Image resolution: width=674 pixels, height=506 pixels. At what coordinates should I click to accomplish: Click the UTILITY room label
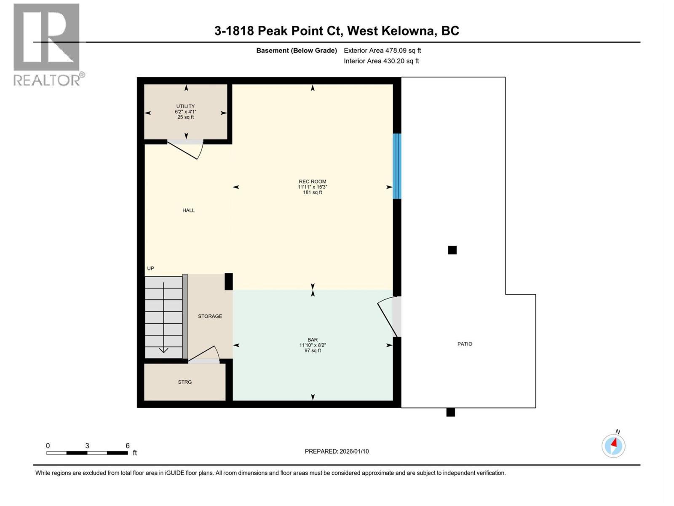(185, 106)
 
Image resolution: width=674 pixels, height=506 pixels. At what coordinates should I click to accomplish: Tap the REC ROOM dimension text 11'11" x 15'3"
(313, 187)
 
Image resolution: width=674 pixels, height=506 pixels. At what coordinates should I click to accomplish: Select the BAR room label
(313, 339)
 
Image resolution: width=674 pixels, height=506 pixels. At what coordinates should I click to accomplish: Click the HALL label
(188, 210)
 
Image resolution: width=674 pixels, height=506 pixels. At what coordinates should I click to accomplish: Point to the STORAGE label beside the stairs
(210, 316)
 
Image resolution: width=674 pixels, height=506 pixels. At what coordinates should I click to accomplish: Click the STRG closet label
(185, 382)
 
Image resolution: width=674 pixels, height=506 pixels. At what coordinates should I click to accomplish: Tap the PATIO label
(465, 344)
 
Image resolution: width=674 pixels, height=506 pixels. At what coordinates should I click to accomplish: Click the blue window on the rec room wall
(397, 166)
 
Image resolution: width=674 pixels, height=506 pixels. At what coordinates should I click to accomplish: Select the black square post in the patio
(452, 250)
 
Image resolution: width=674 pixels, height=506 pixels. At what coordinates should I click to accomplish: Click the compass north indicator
(614, 445)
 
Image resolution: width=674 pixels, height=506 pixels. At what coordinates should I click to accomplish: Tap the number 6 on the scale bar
(127, 446)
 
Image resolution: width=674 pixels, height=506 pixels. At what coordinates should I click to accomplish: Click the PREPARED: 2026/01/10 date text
(337, 451)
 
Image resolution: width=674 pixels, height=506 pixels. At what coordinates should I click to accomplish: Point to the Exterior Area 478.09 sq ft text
(382, 51)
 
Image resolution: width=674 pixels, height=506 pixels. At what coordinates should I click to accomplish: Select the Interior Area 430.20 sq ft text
(381, 61)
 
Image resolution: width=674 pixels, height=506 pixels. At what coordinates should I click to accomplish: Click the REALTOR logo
(47, 44)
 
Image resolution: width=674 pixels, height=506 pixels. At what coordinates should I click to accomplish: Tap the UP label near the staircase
(150, 269)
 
